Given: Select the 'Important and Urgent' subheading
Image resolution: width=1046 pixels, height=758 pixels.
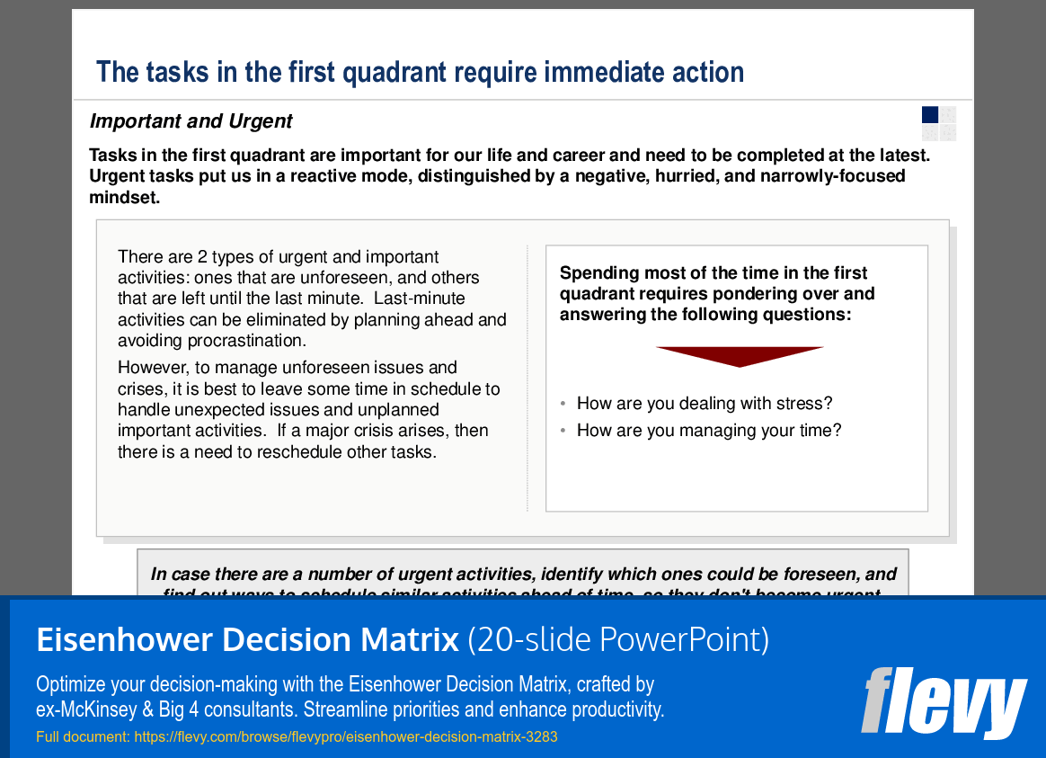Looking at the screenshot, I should pos(191,121).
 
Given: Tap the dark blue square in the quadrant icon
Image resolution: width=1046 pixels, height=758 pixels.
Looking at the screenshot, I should pos(930,114).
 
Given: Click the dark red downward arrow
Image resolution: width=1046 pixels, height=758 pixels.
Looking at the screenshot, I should pos(740,356).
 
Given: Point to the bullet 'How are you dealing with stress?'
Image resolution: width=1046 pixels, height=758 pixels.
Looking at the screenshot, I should pos(705,404).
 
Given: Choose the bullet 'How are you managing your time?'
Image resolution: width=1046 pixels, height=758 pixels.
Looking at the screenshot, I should pos(709,431).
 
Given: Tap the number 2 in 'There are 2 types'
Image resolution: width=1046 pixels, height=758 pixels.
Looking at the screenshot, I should pos(202,257).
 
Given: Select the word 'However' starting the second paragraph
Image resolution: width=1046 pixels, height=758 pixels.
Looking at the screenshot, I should pos(147,368).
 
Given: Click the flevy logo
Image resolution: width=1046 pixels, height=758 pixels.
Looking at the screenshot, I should pos(943,701).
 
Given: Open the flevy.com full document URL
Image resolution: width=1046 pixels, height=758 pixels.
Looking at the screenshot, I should pos(346,737).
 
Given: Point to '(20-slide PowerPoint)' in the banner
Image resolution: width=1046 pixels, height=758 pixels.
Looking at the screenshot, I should pos(618,640).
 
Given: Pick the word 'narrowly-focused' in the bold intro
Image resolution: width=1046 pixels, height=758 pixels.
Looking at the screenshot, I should pos(832,176).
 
